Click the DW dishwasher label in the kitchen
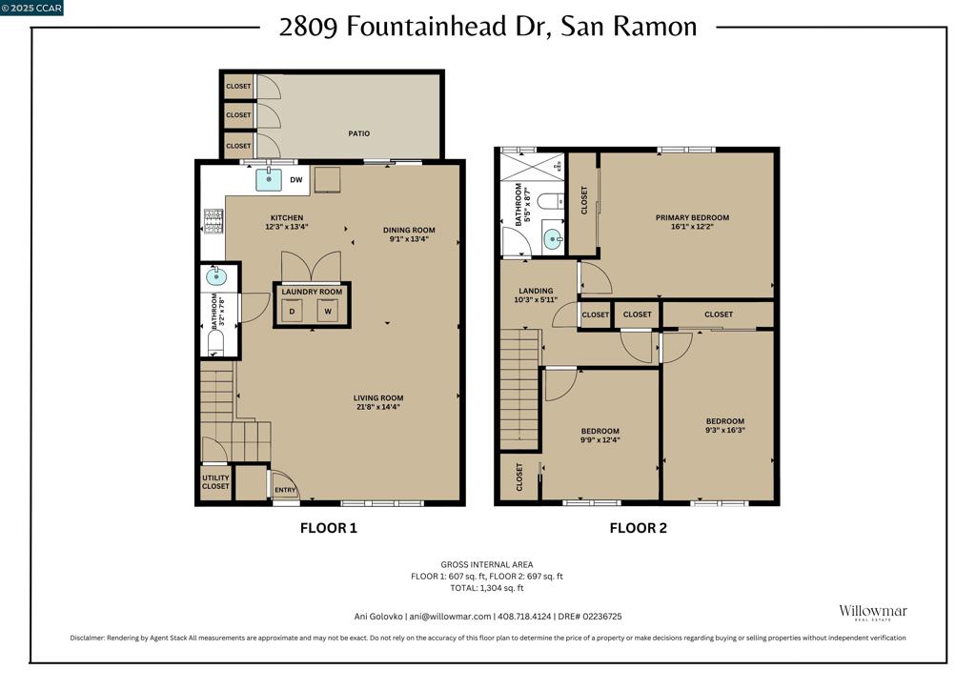coord(296,180)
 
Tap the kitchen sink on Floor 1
coord(269,180)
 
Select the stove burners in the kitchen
coord(213,221)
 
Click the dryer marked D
coord(292,311)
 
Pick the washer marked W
coord(328,311)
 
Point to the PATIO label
coord(358,133)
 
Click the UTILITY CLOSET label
coord(215,482)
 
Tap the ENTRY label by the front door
coord(285,490)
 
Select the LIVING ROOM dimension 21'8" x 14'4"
coord(377,407)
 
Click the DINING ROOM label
coord(409,231)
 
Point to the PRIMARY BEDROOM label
coord(692,217)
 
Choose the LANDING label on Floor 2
coord(536,291)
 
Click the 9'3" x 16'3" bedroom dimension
coord(725,430)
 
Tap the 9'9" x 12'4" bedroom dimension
coord(600,440)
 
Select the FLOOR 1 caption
coord(329,528)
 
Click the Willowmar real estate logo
coord(873,612)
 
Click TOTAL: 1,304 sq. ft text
coord(487,588)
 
